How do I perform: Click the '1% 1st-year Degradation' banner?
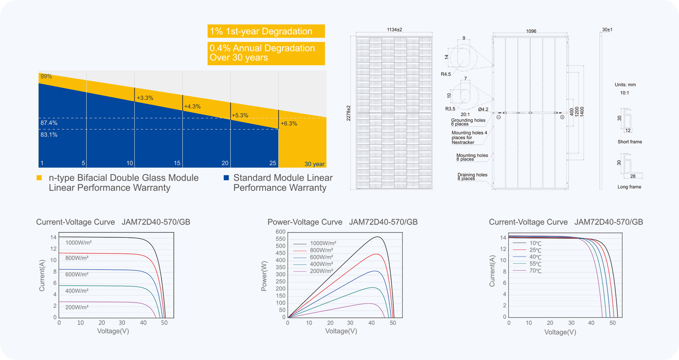tap(266, 31)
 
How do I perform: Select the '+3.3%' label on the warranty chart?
tap(145, 98)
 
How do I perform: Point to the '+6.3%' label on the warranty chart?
tap(289, 124)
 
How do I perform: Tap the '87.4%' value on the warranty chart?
tap(49, 123)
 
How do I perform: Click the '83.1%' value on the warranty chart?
tap(49, 134)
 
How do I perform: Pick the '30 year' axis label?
tap(315, 164)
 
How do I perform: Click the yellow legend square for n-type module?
tap(39, 178)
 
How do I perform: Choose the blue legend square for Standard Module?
tap(226, 178)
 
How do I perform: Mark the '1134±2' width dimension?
tap(394, 29)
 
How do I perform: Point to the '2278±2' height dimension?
tap(348, 113)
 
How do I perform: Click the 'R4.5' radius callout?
tap(446, 74)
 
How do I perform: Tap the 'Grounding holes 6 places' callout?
tap(468, 122)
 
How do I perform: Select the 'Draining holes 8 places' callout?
tap(472, 176)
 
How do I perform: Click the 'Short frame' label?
tap(629, 142)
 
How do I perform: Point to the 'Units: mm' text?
tap(625, 84)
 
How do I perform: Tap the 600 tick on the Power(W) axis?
tap(281, 232)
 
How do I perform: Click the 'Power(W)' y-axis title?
tap(264, 276)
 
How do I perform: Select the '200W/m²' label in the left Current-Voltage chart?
tap(77, 307)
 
